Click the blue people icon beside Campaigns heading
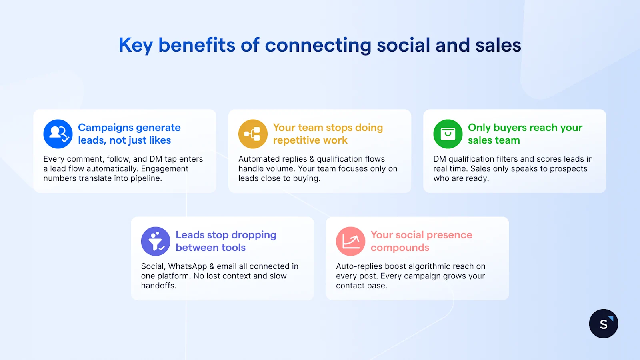[58, 134]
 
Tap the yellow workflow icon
[253, 134]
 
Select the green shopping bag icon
[448, 134]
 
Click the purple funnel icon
[156, 241]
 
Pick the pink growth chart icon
[350, 241]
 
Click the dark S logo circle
[604, 324]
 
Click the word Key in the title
[136, 45]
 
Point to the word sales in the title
[498, 45]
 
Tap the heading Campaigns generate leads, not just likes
[129, 134]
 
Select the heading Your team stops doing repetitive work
[328, 134]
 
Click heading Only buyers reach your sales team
[525, 134]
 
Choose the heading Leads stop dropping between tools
[226, 241]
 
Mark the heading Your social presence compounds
[421, 241]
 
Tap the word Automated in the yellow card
[256, 159]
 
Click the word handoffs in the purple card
[158, 286]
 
